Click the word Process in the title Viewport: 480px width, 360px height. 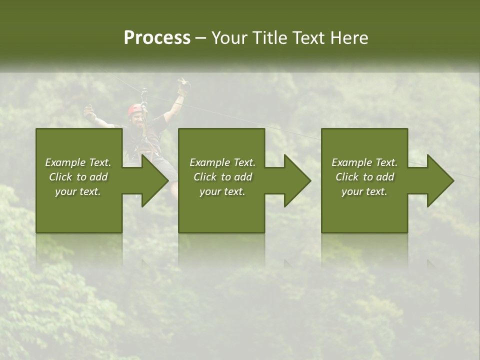click(x=157, y=38)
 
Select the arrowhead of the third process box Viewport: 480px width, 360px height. click(x=440, y=180)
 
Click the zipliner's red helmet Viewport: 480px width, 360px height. click(x=135, y=109)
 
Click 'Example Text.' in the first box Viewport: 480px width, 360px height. click(x=78, y=162)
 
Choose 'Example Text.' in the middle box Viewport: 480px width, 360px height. click(x=222, y=162)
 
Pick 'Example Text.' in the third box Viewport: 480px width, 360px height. click(x=364, y=162)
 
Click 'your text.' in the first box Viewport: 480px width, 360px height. click(x=78, y=191)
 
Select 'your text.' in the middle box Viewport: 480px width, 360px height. click(x=222, y=191)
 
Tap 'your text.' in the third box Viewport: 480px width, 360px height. click(x=364, y=191)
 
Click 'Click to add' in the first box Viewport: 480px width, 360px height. click(x=78, y=177)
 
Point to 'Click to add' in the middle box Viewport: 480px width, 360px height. click(x=222, y=177)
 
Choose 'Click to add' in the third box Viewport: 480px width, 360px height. click(x=364, y=177)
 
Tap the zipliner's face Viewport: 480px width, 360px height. click(x=137, y=119)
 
